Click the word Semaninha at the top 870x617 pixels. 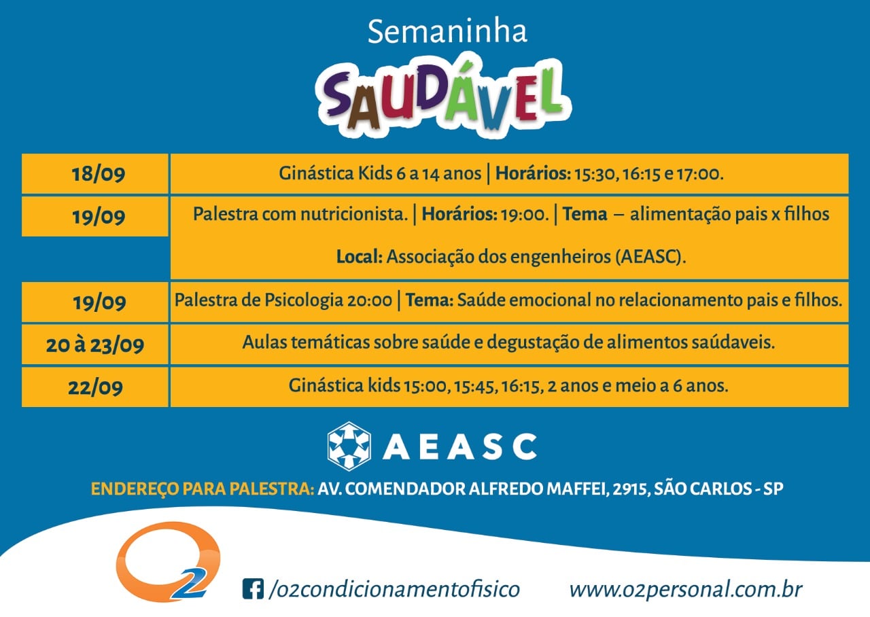tap(447, 31)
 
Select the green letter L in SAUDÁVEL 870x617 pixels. tap(544, 92)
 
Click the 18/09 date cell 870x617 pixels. tap(95, 173)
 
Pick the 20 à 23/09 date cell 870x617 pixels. tap(95, 345)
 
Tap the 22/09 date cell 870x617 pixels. tap(95, 387)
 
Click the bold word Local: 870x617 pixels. tap(360, 257)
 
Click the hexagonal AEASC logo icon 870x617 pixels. tap(349, 446)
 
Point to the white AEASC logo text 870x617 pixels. tap(460, 446)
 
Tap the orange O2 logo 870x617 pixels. tap(168, 561)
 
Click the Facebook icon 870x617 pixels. tap(253, 588)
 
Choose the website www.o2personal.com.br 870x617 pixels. tap(686, 589)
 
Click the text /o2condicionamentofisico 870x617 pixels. tap(394, 589)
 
